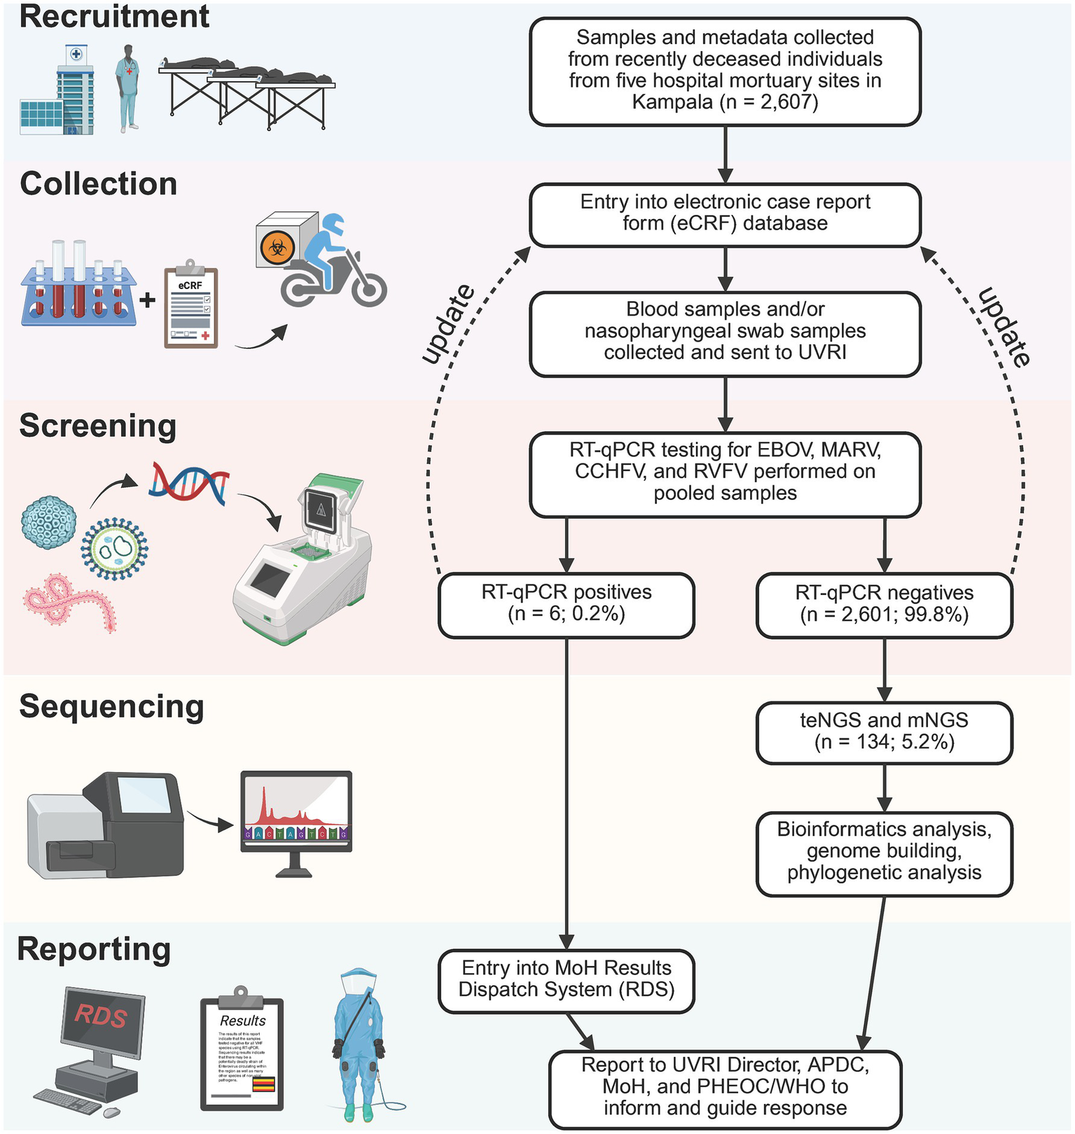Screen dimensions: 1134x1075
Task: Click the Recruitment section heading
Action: (x=114, y=17)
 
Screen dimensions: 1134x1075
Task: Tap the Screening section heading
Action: (x=97, y=426)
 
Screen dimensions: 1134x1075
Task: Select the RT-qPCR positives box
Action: (x=566, y=604)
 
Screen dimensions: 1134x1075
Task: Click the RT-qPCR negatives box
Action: (x=884, y=605)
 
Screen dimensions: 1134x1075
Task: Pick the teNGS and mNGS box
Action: (x=884, y=732)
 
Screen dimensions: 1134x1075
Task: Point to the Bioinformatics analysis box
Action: (x=884, y=853)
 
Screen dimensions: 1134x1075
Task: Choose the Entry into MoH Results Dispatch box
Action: (x=566, y=980)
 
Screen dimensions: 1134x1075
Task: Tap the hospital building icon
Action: (x=57, y=91)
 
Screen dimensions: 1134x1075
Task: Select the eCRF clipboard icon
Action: (x=190, y=306)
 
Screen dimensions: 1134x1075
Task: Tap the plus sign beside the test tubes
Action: (x=147, y=300)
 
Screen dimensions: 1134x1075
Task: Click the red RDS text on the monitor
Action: (x=101, y=1015)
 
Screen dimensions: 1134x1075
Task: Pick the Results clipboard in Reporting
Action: (x=242, y=1050)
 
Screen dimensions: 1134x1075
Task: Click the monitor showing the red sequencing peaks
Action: (x=296, y=812)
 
